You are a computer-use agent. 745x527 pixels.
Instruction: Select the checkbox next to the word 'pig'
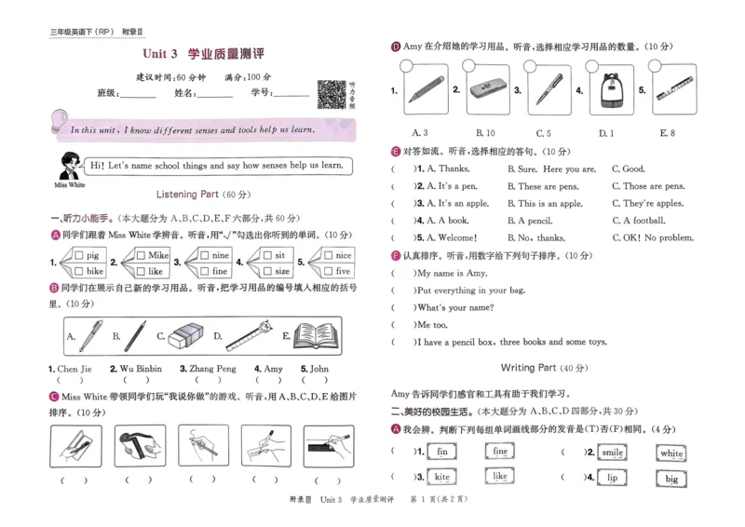coord(78,254)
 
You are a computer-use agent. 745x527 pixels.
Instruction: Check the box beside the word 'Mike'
coord(141,254)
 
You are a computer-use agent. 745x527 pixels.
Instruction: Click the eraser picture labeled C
coord(185,335)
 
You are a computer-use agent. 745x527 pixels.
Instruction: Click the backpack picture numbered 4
coord(615,90)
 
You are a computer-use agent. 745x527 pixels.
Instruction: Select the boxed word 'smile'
coord(612,453)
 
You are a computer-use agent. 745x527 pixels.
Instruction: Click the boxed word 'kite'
coord(442,477)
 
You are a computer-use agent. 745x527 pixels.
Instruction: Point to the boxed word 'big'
coord(671,479)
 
